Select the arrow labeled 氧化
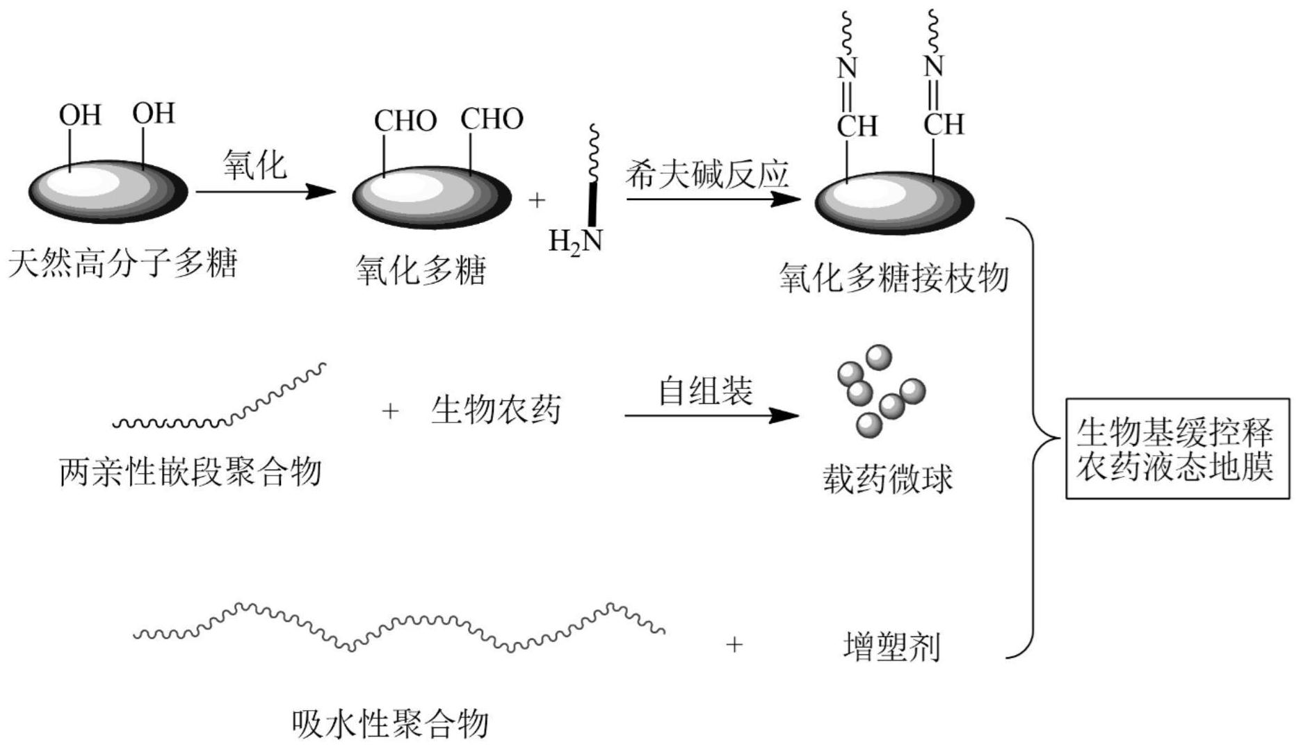point(265,191)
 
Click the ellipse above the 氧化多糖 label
point(432,197)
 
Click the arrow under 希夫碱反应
point(713,199)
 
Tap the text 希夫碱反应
point(706,174)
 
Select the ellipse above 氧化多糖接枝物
point(894,203)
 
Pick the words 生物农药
point(496,410)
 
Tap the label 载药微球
point(887,479)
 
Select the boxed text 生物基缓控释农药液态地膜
point(1177,449)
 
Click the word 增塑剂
point(891,646)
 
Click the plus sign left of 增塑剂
point(734,645)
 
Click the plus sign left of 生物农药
point(390,411)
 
